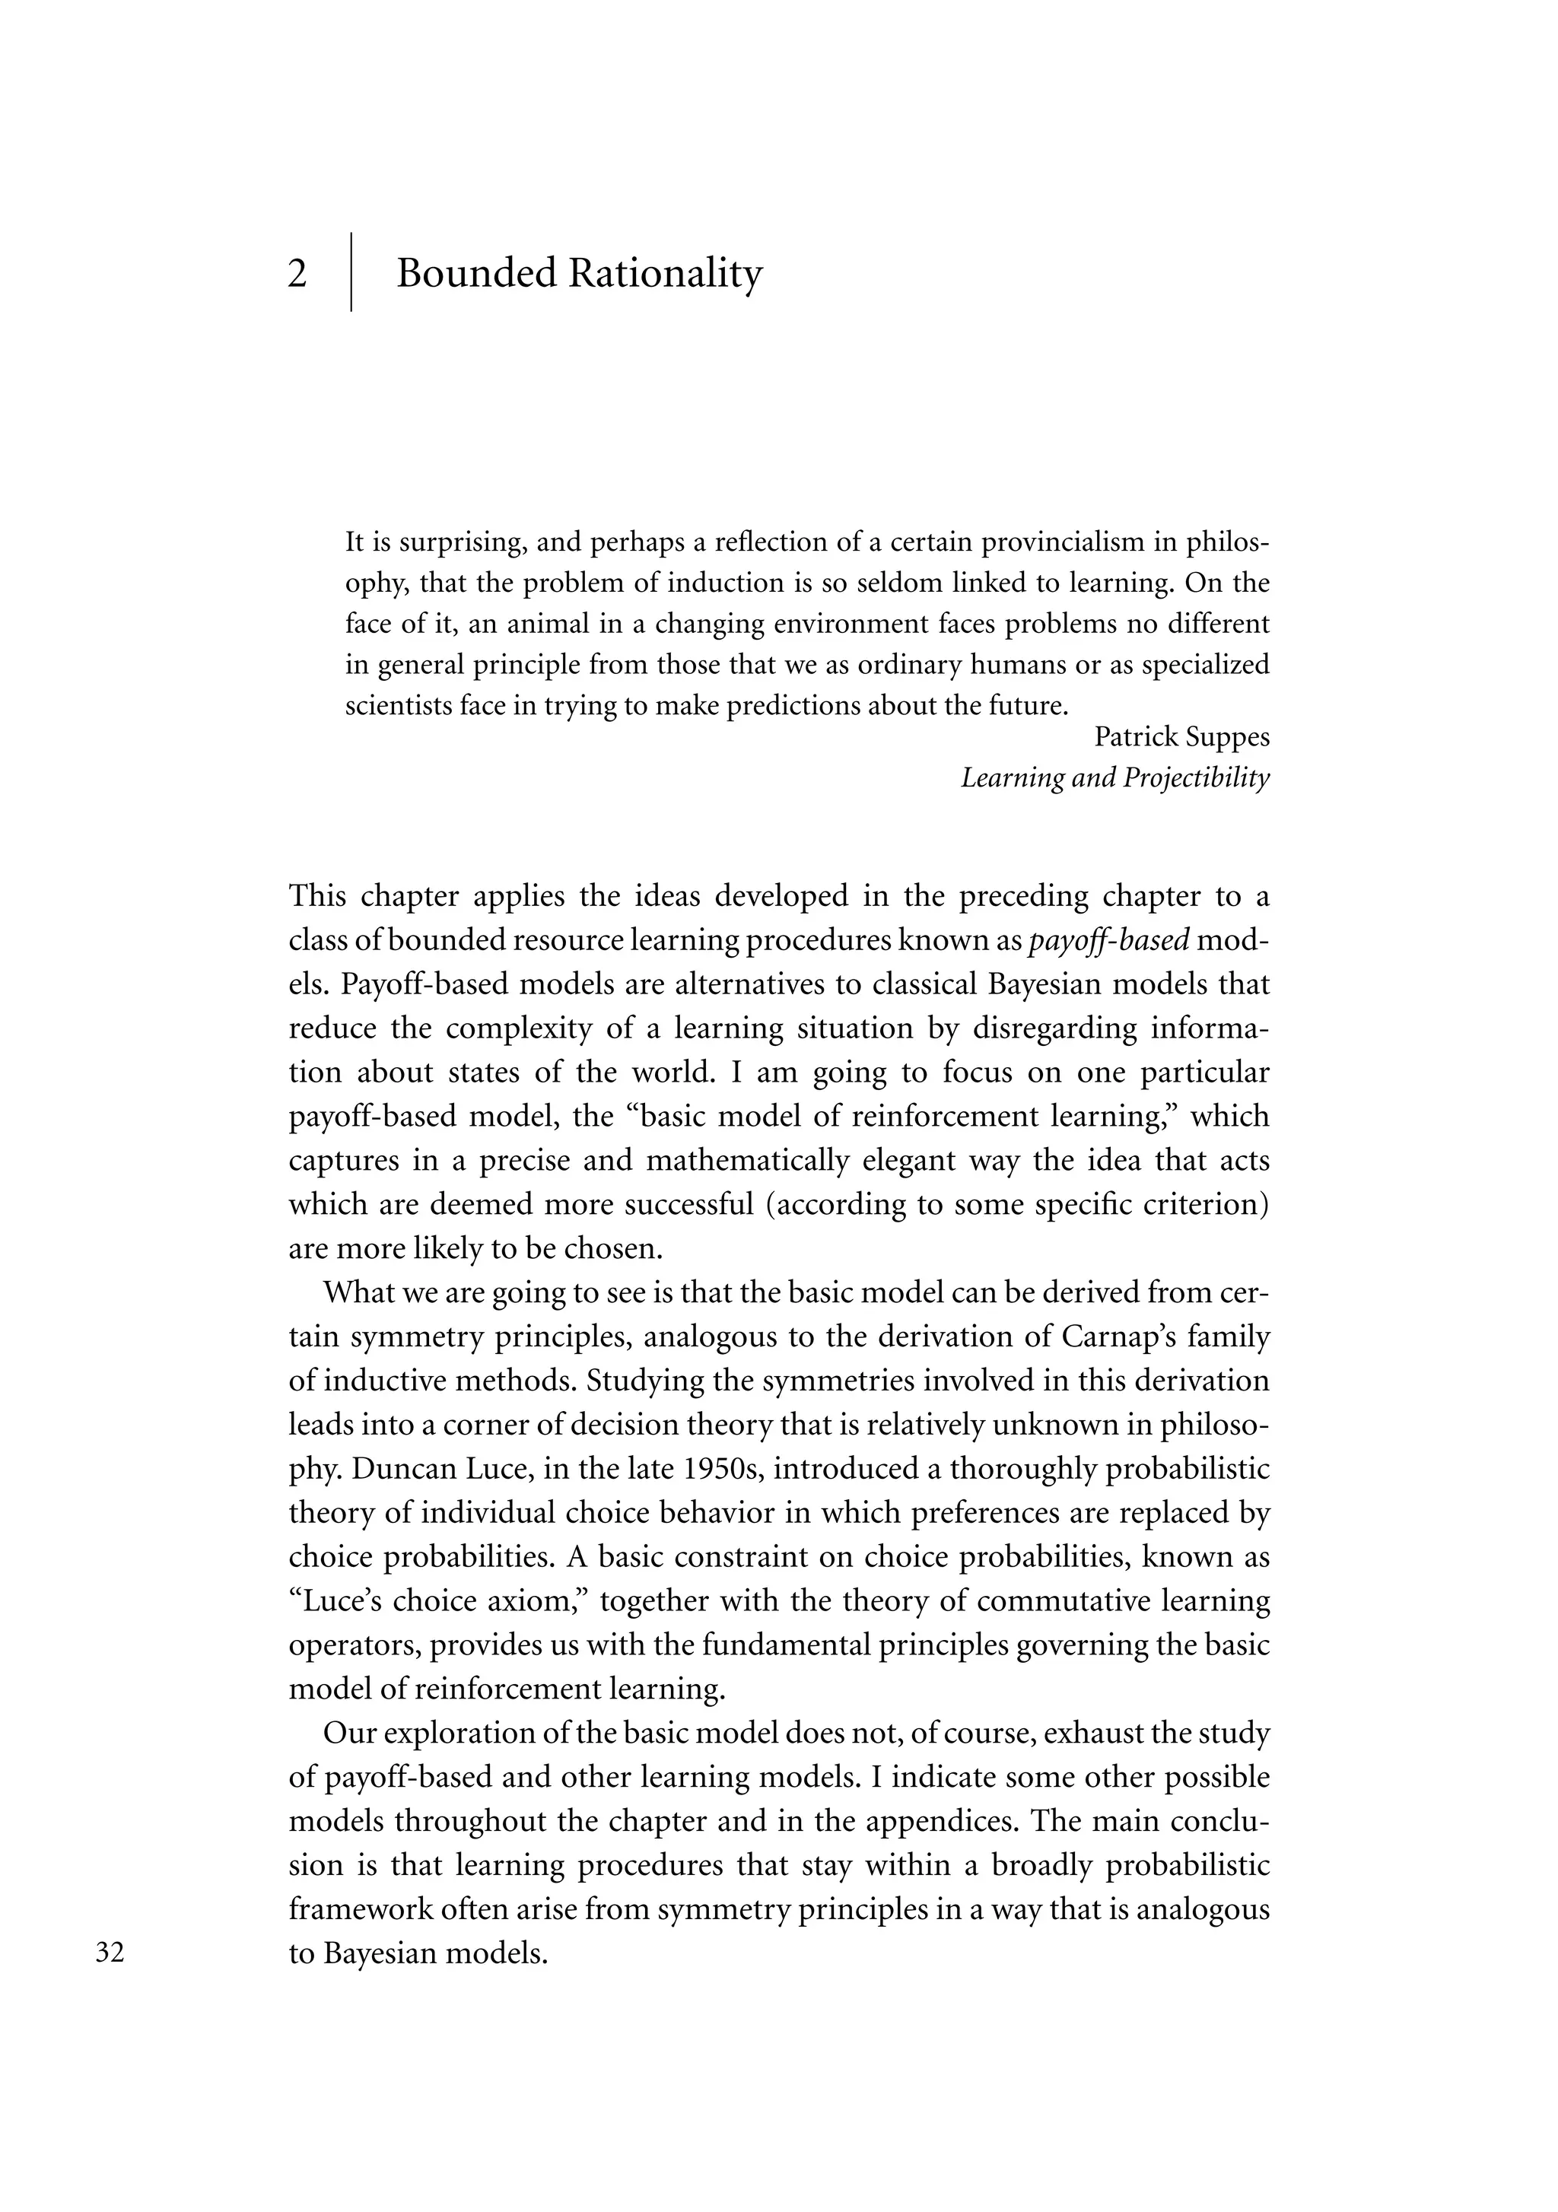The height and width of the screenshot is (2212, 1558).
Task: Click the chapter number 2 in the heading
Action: tap(297, 275)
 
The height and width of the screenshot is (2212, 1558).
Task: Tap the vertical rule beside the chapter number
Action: tap(351, 272)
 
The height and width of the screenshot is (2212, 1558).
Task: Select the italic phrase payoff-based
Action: tap(1108, 940)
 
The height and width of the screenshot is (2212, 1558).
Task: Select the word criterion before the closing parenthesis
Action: tap(1203, 1205)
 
